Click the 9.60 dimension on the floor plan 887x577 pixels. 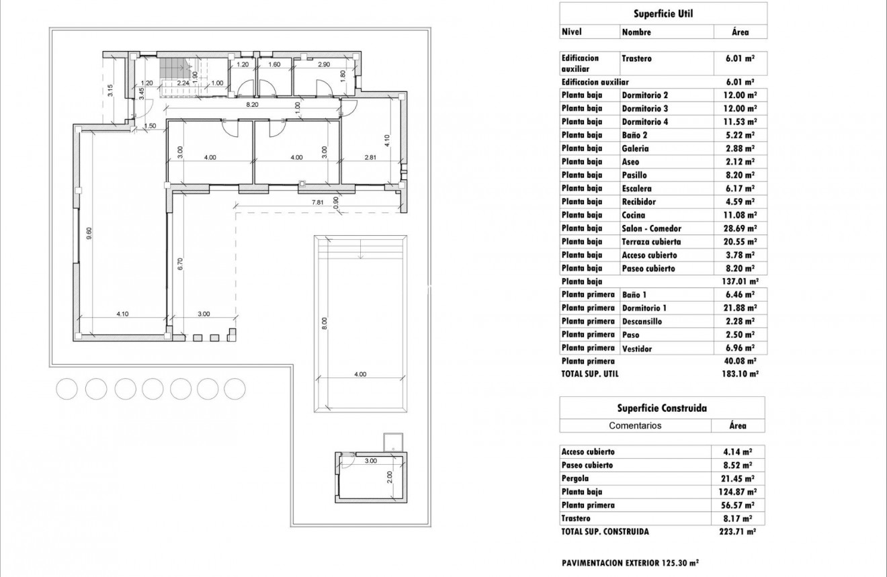pos(88,233)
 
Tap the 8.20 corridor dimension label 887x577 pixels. pos(253,105)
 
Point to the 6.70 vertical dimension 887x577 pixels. pos(180,264)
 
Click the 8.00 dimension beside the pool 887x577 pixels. pos(324,322)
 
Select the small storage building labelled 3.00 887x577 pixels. pos(371,477)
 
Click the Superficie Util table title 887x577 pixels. pos(663,13)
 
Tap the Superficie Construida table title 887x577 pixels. pos(662,408)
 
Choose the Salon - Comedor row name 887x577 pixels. pos(651,228)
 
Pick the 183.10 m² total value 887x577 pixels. pos(739,373)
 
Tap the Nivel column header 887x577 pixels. pos(571,32)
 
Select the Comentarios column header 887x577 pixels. pos(635,425)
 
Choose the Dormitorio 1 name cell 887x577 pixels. pos(645,308)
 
